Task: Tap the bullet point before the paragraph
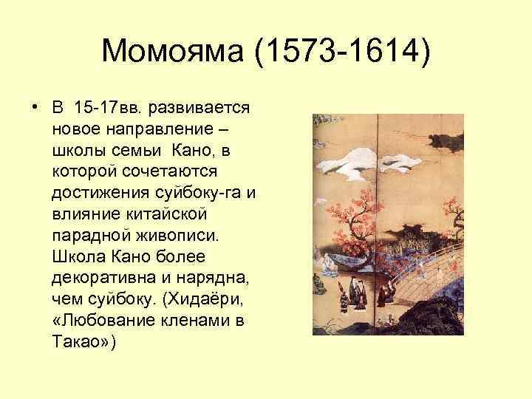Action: coord(35,108)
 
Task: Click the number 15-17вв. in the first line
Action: coord(109,108)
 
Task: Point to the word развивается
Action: coord(200,108)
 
